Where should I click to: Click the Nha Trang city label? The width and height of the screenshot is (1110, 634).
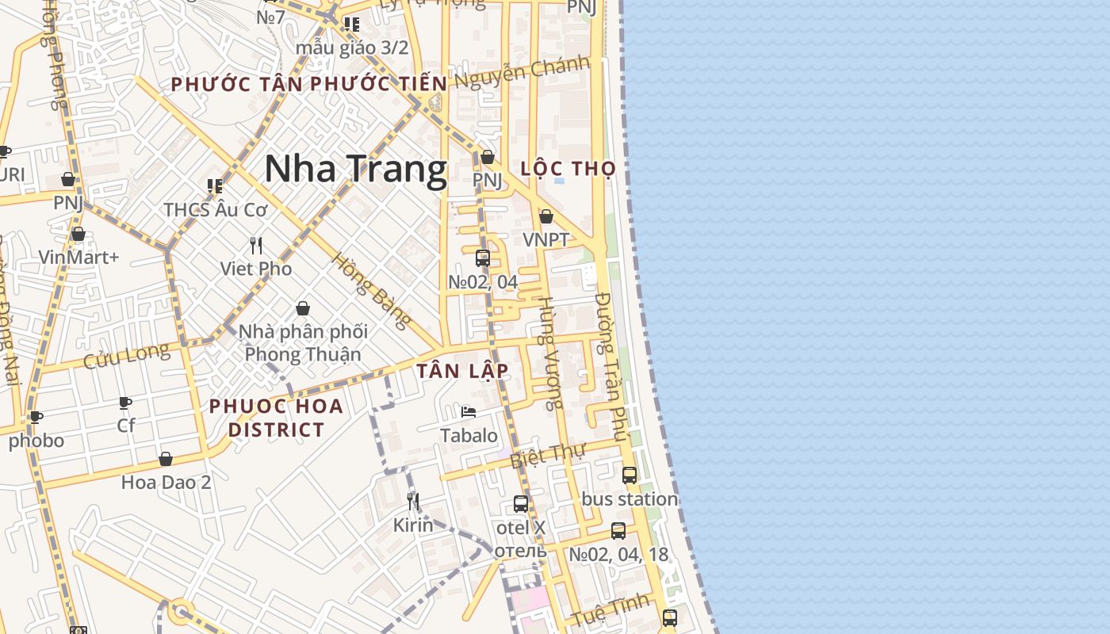coord(355,170)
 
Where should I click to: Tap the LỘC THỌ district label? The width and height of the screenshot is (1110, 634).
coord(568,168)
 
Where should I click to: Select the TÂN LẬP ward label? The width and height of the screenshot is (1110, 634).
coord(462,371)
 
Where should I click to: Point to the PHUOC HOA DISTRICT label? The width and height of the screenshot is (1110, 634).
coord(276,418)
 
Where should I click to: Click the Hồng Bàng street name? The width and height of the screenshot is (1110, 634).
coord(371,291)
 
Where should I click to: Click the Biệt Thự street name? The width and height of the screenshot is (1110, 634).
coord(547,456)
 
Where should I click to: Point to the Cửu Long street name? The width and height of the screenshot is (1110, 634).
coord(126,355)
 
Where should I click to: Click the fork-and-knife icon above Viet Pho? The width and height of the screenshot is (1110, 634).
coord(255,246)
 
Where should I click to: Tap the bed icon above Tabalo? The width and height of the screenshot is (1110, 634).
coord(469,412)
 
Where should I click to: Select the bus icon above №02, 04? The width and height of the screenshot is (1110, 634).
coord(482,258)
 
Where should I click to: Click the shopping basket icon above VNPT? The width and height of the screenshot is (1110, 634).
coord(545,216)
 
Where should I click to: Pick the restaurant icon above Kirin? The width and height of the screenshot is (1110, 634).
coord(413,501)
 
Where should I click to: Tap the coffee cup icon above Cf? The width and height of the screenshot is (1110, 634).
coord(125,403)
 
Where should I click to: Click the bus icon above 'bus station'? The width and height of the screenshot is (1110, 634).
coord(630,475)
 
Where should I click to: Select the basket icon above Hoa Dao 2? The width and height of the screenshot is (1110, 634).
coord(166,459)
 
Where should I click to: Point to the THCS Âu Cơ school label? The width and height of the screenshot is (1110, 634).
coord(215,210)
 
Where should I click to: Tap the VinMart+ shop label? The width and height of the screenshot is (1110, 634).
coord(78,257)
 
